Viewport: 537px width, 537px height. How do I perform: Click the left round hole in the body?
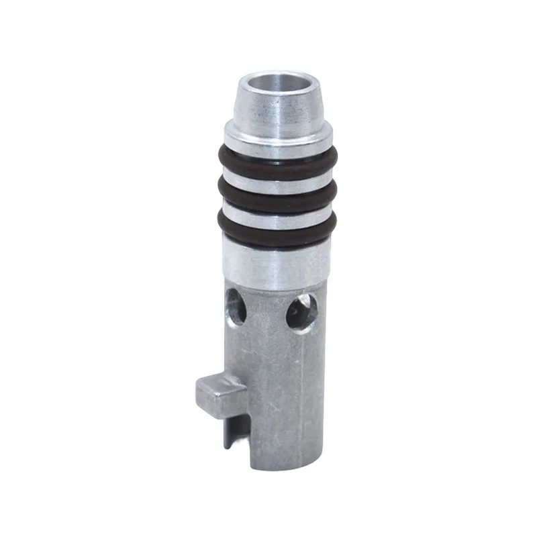pyautogui.click(x=236, y=305)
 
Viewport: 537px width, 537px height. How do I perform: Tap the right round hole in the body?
pyautogui.click(x=302, y=313)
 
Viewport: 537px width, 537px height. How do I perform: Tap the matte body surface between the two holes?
pyautogui.click(x=268, y=315)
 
